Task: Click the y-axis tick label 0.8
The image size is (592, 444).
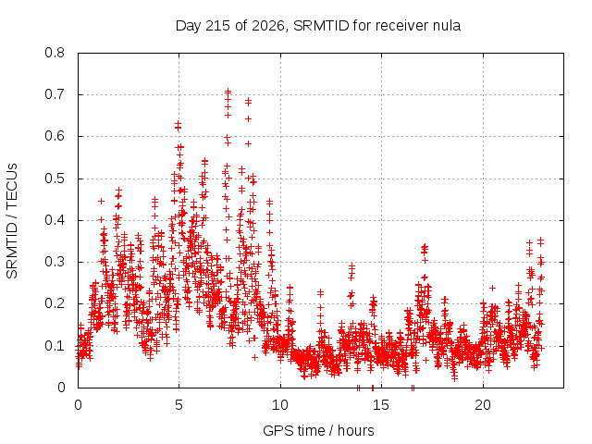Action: point(55,53)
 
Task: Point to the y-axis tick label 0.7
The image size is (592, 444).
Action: point(55,94)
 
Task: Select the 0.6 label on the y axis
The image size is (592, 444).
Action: point(55,136)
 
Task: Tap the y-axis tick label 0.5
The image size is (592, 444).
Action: point(55,179)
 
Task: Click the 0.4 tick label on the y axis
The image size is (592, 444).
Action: point(55,220)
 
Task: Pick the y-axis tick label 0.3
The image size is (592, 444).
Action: point(55,262)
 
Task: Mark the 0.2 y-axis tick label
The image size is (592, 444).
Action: point(55,303)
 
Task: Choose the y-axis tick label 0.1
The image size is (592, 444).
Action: point(55,345)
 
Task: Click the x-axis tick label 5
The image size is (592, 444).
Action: point(179,405)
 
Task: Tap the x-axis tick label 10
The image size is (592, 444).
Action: point(280,405)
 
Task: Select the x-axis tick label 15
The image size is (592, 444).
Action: point(381,405)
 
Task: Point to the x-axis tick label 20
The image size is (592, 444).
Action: point(483,405)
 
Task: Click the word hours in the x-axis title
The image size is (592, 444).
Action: point(355,430)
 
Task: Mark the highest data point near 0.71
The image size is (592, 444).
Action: point(228,92)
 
